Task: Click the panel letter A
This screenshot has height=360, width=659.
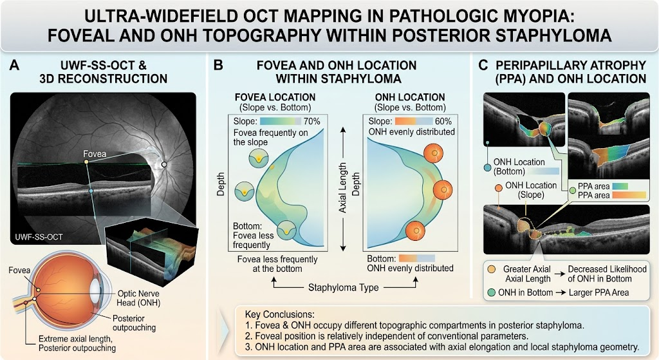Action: pos(14,66)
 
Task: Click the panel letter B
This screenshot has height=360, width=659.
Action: pos(218,66)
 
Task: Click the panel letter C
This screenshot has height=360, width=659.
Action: pos(483,66)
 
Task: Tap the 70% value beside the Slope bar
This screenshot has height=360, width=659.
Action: pos(311,121)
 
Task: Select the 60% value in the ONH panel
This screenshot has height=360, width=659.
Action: pos(443,121)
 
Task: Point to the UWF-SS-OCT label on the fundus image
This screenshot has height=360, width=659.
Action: pos(39,237)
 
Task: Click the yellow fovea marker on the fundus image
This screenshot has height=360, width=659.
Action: pos(86,162)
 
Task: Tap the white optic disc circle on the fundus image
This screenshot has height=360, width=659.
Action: pos(164,164)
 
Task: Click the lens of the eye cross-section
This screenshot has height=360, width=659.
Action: pos(97,290)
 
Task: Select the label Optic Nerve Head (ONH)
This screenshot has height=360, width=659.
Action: pos(139,298)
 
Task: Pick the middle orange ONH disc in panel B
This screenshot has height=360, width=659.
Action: pos(443,190)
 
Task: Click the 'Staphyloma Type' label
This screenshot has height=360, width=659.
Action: pos(344,288)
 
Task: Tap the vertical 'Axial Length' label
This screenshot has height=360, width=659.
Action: pos(343,187)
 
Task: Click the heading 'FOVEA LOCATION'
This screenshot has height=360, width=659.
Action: pos(275,97)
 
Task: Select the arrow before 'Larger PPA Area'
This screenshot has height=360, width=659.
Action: pos(561,293)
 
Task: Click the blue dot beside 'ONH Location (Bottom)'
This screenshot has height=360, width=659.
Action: pos(487,167)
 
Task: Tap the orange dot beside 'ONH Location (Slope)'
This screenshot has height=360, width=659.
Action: pos(499,188)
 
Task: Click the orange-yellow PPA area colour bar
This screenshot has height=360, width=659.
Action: pos(629,195)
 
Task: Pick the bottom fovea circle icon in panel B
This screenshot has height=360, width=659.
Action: pos(286,230)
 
